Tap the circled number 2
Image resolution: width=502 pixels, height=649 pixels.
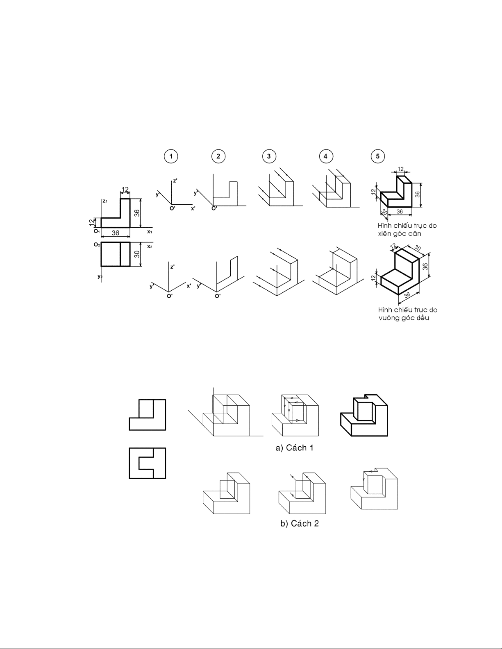218,156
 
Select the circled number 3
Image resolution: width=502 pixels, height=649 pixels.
269,156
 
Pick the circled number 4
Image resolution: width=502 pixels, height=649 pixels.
325,156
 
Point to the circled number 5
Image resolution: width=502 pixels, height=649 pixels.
377,156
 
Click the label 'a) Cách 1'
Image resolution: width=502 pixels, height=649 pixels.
294,448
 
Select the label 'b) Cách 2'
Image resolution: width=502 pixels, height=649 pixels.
300,523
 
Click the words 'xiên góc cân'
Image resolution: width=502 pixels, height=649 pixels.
400,234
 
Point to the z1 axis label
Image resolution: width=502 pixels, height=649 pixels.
105,201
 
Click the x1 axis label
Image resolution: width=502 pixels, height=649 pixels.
150,232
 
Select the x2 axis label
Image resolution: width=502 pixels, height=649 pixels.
150,246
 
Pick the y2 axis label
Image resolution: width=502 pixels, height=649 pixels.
100,276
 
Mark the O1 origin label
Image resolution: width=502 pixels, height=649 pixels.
96,231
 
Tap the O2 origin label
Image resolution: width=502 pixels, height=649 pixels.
96,244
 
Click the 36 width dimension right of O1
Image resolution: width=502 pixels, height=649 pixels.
116,233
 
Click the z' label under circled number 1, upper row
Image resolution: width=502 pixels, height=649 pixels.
175,181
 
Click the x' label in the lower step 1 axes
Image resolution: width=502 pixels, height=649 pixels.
189,286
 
